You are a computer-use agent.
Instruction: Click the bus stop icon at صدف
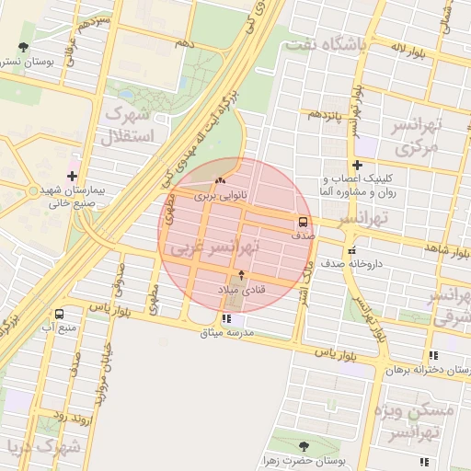coord(302,222)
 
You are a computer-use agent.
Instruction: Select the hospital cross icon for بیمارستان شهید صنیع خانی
coord(73,175)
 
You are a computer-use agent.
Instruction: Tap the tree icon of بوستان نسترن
coord(22,48)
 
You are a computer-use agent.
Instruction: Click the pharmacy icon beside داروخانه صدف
coord(350,250)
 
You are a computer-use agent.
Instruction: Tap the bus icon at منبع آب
coord(60,314)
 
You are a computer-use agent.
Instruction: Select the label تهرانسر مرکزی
coord(419,135)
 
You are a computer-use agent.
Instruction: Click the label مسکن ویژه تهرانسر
coord(421,421)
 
